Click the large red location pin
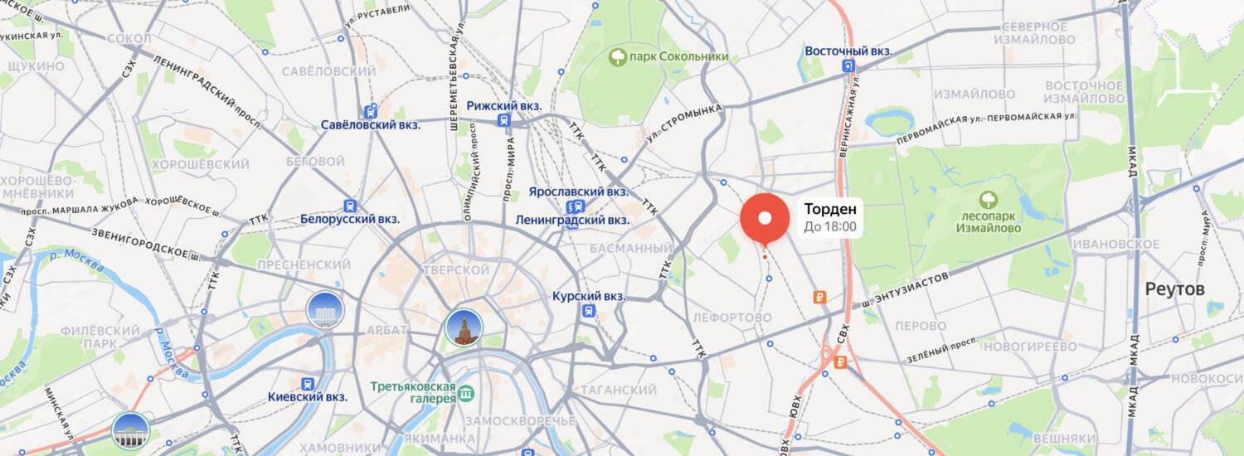pos(765,218)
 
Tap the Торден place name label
pos(830,209)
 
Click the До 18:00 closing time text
pos(830,227)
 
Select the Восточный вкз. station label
pos(848,51)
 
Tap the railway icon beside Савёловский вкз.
pos(371,110)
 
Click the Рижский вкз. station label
pos(504,106)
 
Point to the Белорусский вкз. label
pos(350,220)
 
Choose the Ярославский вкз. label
pos(579,192)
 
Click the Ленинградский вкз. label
pos(572,221)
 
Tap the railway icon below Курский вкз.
pos(589,311)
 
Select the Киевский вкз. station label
pos(308,397)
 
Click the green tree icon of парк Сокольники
pos(618,56)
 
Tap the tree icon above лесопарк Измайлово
pos(988,200)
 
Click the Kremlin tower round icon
pos(464,327)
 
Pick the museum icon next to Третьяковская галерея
pos(467,392)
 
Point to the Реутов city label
pos(1174,289)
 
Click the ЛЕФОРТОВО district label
pos(731,318)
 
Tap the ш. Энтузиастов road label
pos(904,290)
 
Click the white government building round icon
pos(325,310)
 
